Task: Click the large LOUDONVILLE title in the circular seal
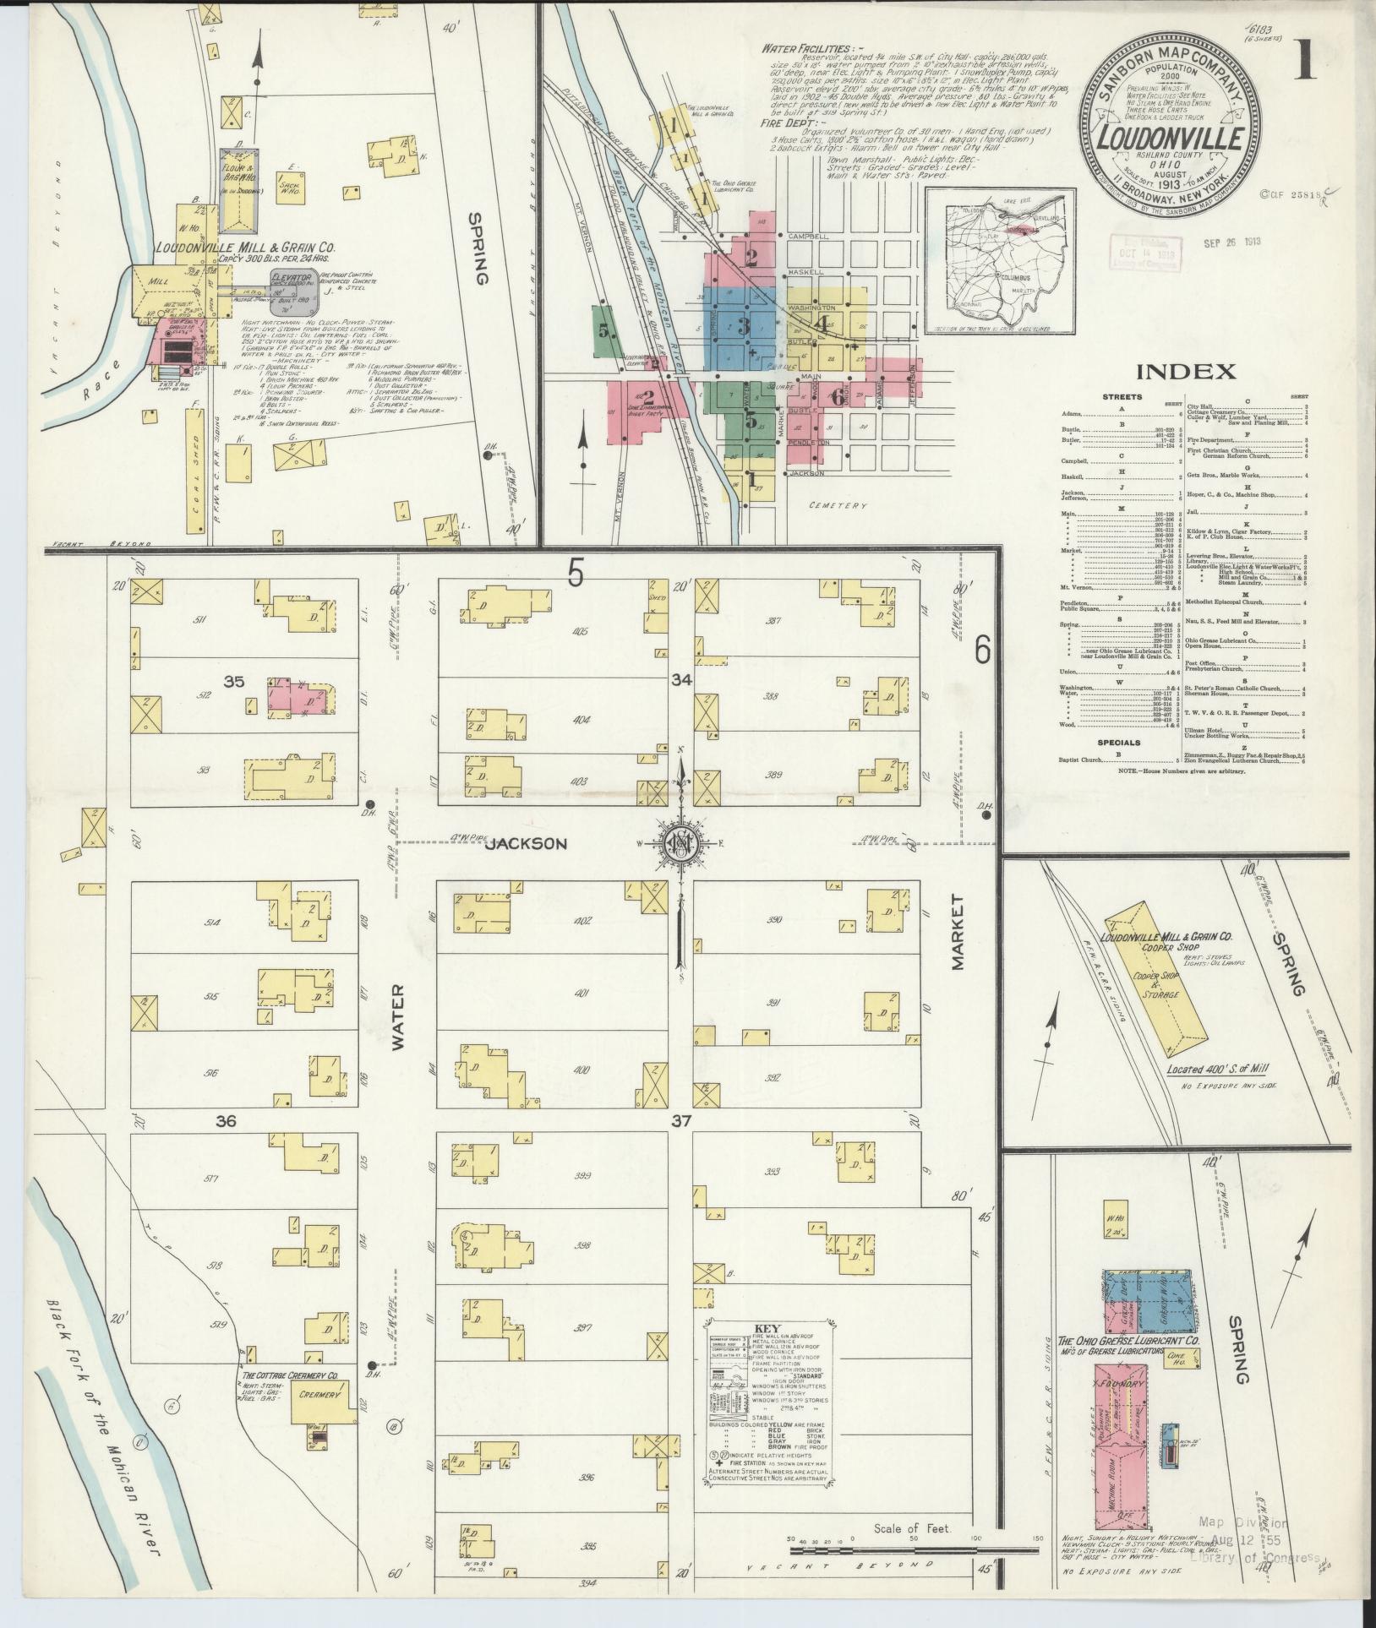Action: [1169, 138]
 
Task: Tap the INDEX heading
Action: [1186, 371]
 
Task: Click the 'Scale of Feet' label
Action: [913, 1527]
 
